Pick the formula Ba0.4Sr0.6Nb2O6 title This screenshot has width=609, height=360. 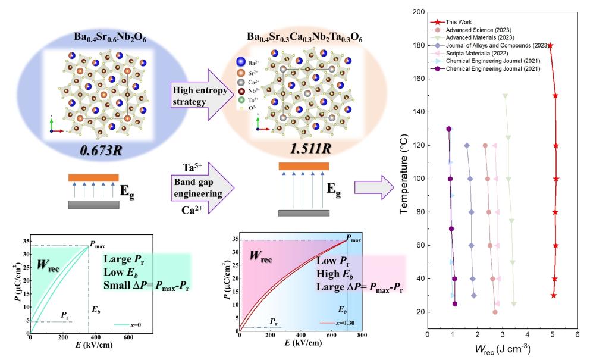click(110, 39)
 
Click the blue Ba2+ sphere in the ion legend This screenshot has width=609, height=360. click(240, 62)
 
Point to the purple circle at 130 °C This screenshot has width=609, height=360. click(449, 129)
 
